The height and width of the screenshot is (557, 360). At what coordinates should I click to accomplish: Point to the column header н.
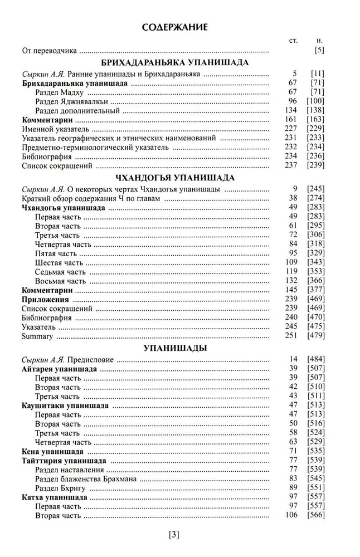coord(319,41)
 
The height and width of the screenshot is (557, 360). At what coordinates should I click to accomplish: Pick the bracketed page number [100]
coord(315,101)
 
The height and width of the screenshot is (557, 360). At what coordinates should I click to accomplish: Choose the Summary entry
coord(37,336)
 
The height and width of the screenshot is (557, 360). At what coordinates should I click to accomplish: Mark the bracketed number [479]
coord(315,336)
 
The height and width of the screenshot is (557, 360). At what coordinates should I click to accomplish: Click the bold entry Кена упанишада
coord(52,452)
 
